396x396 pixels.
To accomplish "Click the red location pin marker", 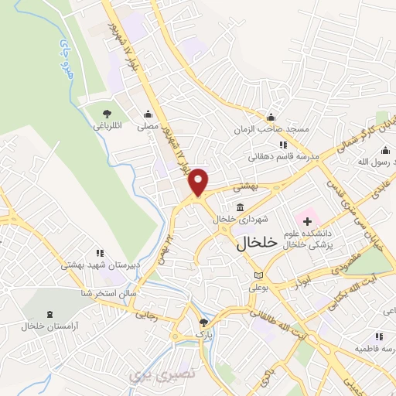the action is coord(200,181).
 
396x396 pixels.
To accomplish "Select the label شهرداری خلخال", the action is coord(234,219).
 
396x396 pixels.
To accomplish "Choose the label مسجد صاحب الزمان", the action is coord(271,130).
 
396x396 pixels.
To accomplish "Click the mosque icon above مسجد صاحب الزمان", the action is coord(271,118).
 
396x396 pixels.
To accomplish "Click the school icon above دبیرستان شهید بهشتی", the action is coord(99,253).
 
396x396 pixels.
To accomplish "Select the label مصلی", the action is coord(148,125).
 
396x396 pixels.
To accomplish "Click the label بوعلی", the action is coord(258,288).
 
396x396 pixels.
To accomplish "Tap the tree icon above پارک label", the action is coord(203,323).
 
